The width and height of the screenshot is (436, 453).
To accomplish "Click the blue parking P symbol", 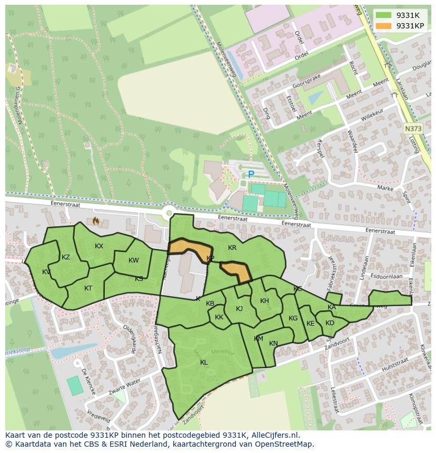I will pos(251,174).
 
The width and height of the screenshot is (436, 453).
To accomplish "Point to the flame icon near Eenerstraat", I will pos(95,221).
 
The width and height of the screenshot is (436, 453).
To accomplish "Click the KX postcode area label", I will pos(99,246).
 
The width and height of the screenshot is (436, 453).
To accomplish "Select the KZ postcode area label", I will pos(66,257).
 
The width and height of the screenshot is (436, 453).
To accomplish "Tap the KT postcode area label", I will pos(88,288).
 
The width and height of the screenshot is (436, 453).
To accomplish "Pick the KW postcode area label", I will pos(134,260).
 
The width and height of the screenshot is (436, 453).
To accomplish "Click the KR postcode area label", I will pos(232,248).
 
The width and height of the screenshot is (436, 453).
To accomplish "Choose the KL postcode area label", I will pos(204,363).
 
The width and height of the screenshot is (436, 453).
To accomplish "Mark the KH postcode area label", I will pos(264,301).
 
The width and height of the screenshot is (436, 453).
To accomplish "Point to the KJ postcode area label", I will pos(239,309).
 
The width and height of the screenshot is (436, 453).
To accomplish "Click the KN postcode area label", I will pos(273,344).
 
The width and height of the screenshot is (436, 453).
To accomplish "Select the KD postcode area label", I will pos(330,323).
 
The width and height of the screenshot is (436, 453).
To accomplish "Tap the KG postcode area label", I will pos(293,318).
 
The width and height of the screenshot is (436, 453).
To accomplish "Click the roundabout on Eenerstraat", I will pos(169,213).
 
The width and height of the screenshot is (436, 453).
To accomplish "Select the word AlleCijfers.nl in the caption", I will pos(273,436).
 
